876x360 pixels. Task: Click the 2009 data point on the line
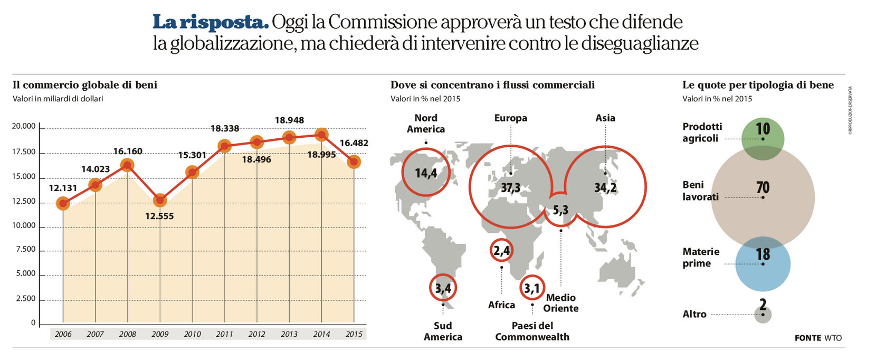click(x=160, y=201)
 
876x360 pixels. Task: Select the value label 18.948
click(x=289, y=120)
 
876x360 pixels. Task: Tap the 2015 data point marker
click(x=354, y=162)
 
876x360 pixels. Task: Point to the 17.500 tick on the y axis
click(x=24, y=152)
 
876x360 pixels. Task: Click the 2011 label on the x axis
click(x=224, y=334)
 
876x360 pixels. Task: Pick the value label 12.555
click(x=159, y=216)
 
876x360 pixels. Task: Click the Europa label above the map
click(x=510, y=118)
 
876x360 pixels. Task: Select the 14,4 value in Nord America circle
click(x=426, y=173)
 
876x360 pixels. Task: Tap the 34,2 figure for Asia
click(x=605, y=187)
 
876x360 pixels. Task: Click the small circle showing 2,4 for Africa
click(x=501, y=250)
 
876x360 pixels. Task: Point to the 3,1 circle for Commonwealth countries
click(x=532, y=288)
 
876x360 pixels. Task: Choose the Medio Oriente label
click(x=561, y=303)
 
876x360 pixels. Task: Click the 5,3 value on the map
click(x=560, y=210)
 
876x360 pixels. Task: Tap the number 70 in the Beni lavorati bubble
click(x=763, y=187)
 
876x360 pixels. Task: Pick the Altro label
click(x=694, y=314)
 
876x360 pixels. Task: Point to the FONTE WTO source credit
click(x=818, y=338)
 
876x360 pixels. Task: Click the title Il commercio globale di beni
click(x=85, y=85)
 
